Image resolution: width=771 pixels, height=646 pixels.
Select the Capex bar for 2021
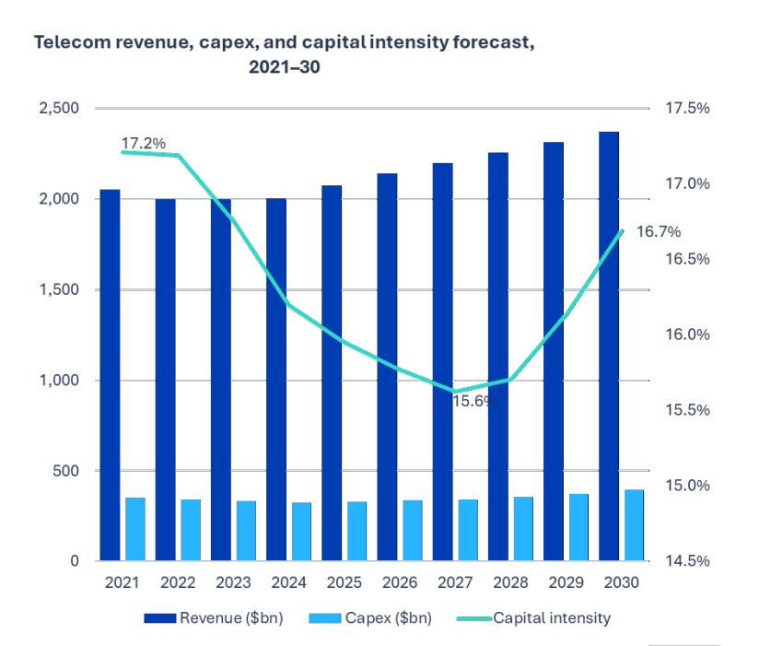(135, 529)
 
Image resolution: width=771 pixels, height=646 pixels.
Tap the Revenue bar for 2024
(276, 379)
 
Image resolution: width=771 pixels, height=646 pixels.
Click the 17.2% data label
(144, 144)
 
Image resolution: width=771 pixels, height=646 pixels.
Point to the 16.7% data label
(659, 231)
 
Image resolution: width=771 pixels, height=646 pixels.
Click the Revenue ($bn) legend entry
(214, 617)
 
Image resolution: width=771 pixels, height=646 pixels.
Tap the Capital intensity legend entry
(550, 617)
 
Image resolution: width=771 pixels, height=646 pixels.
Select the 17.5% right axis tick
(686, 108)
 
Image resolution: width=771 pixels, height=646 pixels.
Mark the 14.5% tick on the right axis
(686, 561)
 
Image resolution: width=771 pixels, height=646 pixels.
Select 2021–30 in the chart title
(284, 67)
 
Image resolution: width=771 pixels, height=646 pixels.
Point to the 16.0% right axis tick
(686, 335)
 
